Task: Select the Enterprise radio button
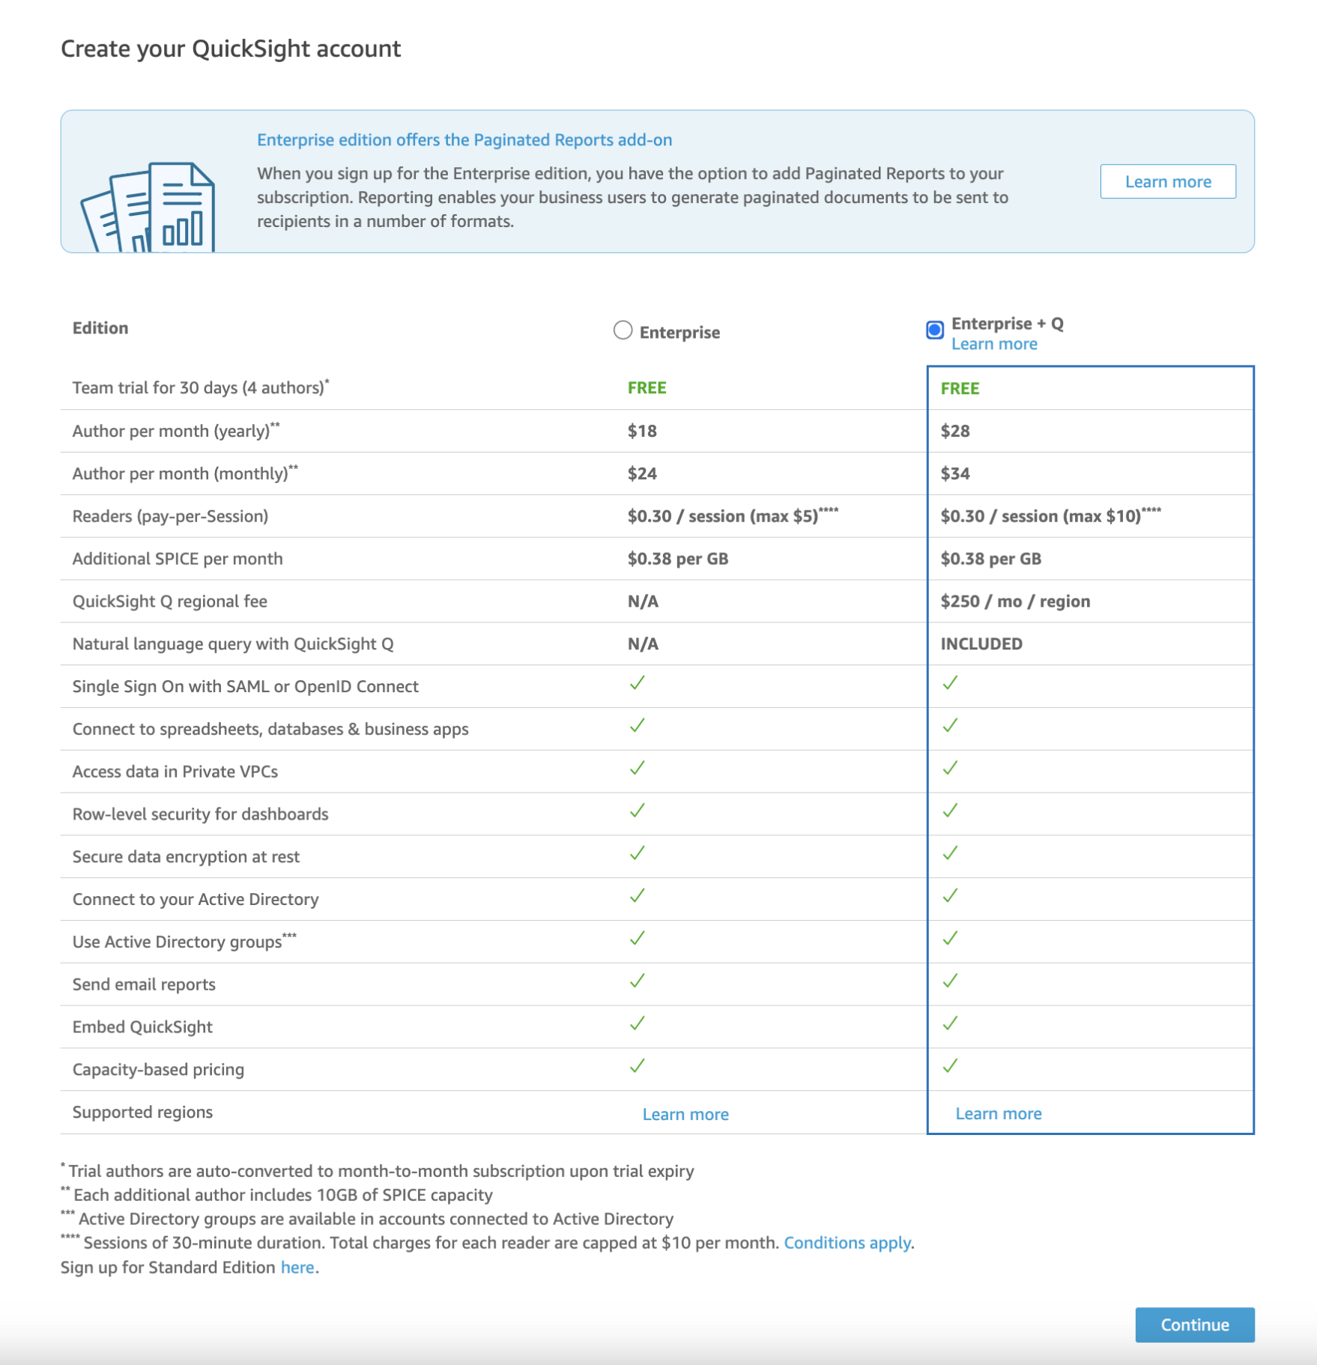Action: [x=623, y=330]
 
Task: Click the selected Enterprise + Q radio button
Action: [x=934, y=330]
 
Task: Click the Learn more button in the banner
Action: [x=1167, y=181]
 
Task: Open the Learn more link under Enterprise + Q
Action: [x=993, y=344]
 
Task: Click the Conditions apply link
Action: [x=847, y=1243]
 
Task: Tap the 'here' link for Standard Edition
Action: [x=297, y=1267]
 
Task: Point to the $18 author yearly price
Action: [x=642, y=431]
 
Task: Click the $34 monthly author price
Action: [x=955, y=473]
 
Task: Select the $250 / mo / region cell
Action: [x=1014, y=602]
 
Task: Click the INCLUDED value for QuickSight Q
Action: [x=981, y=644]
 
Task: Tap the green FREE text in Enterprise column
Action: [x=647, y=388]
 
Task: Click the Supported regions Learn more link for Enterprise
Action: [x=685, y=1114]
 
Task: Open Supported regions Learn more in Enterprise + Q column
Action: [x=998, y=1113]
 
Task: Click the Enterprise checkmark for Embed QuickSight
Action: [x=637, y=1023]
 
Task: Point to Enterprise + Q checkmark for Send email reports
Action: [x=950, y=981]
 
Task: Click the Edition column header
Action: [x=100, y=328]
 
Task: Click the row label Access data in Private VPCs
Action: [x=175, y=772]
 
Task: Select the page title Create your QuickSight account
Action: [x=231, y=49]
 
